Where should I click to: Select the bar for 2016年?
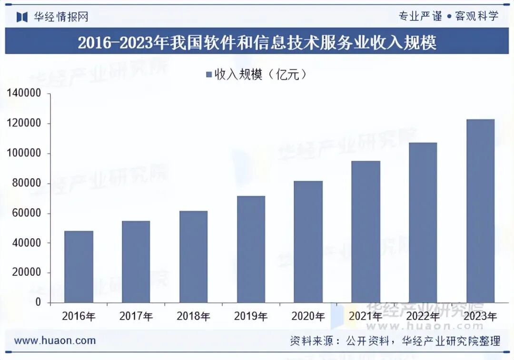pos(79,267)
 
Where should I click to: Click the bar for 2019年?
pos(251,249)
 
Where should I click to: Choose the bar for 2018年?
pos(193,257)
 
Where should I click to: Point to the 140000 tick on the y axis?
pos(24,94)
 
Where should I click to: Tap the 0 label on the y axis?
pos(38,303)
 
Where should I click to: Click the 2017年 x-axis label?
pos(136,316)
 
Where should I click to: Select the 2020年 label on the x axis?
pos(308,316)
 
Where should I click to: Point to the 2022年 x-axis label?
pos(423,316)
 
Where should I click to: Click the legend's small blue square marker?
pos(208,75)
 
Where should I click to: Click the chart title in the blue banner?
pos(257,43)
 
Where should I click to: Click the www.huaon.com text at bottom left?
pos(55,341)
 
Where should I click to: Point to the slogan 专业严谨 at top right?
pos(420,16)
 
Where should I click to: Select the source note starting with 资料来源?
pos(395,341)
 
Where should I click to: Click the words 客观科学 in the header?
pos(476,16)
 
